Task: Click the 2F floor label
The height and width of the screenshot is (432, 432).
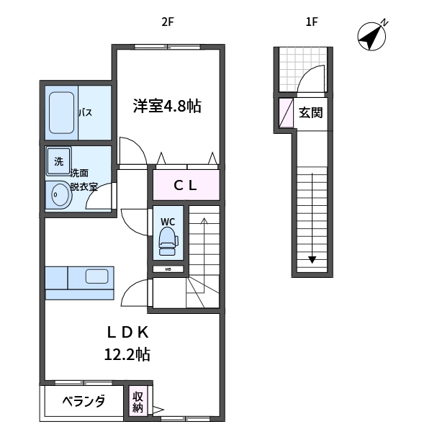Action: point(167,22)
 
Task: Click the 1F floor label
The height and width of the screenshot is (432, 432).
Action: point(311,22)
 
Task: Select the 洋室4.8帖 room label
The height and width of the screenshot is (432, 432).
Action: point(166,107)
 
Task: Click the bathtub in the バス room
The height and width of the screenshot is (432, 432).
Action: point(60,113)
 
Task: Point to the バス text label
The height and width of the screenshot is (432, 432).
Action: point(85,113)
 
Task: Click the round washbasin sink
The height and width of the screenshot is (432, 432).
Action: point(58,194)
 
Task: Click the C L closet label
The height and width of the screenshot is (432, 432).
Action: point(184,185)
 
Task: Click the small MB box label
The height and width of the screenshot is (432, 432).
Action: point(168,270)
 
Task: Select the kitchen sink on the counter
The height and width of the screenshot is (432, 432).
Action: point(96,276)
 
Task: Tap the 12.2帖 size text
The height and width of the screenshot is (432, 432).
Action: point(127,354)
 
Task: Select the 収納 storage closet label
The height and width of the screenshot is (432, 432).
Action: point(138,402)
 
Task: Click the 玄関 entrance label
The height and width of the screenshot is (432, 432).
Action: point(310,112)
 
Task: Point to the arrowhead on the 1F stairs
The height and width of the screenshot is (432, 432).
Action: point(312,260)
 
